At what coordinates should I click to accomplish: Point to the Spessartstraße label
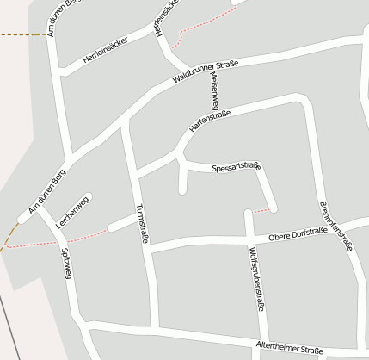[x=236, y=166]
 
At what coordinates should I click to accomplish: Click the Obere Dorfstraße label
[x=298, y=236]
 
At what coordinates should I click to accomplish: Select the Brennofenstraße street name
[x=336, y=226]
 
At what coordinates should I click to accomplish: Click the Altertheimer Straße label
[x=289, y=349]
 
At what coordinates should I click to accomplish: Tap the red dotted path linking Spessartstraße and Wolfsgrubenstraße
[x=261, y=209]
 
